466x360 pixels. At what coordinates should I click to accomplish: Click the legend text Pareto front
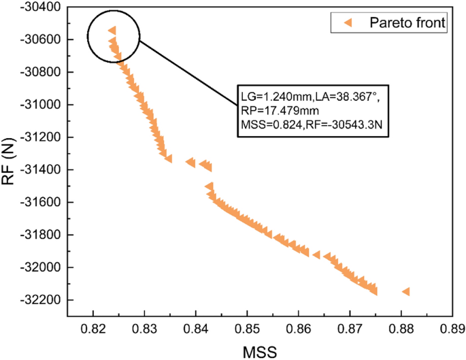[x=407, y=23]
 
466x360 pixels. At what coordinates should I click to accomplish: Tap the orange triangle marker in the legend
[x=347, y=23]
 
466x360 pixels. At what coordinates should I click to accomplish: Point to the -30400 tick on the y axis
[x=40, y=7]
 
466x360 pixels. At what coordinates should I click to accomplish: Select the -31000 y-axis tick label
[x=40, y=105]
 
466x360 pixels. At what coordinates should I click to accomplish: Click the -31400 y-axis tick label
[x=40, y=169]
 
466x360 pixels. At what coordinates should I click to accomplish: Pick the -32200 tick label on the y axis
[x=40, y=300]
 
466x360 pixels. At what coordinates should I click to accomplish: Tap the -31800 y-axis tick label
[x=40, y=235]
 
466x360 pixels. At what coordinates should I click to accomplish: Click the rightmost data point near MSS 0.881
[x=406, y=291]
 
